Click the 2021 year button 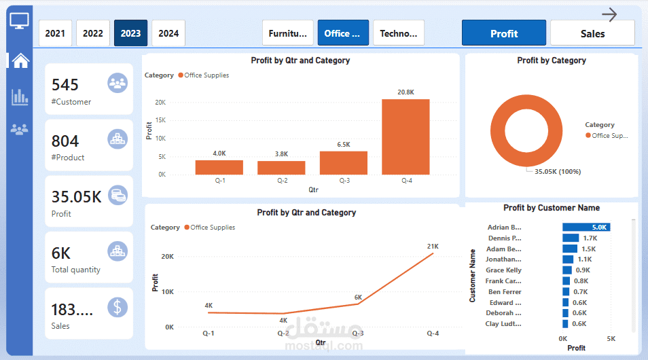coord(55,33)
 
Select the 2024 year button coord(168,33)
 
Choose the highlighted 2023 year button coord(130,33)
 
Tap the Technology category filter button coord(399,33)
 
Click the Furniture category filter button coord(288,33)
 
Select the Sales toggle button coord(592,33)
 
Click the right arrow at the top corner coord(609,14)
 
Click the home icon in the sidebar coord(20,60)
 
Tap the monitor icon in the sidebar coord(20,20)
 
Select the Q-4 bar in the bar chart coord(406,137)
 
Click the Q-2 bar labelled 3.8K coord(281,168)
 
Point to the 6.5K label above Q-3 coord(344,145)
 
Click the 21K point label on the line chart coord(433,246)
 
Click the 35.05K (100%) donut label coord(558,172)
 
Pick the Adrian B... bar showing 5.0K coord(586,228)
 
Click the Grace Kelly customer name coord(503,270)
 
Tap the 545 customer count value coord(65,85)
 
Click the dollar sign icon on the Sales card coord(118,307)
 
